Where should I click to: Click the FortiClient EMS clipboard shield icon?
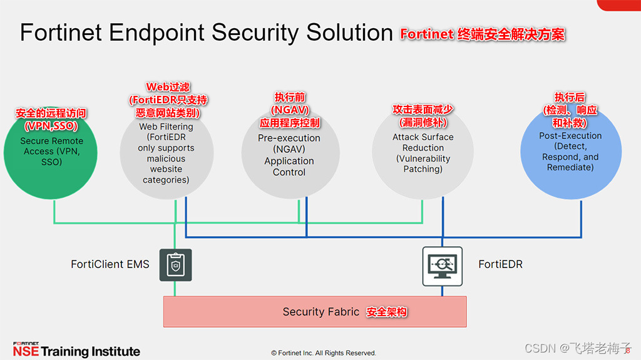175,265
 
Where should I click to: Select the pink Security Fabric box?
314,311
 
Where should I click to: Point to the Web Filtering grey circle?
166,153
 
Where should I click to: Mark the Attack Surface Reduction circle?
423,153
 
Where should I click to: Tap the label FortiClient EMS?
110,264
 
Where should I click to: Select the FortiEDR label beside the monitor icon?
500,264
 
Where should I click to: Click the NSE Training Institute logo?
76,350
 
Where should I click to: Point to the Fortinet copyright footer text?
324,353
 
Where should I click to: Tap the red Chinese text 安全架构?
387,311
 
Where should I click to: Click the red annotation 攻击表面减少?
423,110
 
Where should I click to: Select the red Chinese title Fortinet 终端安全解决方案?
483,34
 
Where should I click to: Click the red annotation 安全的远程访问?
51,113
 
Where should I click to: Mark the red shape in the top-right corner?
618,5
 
